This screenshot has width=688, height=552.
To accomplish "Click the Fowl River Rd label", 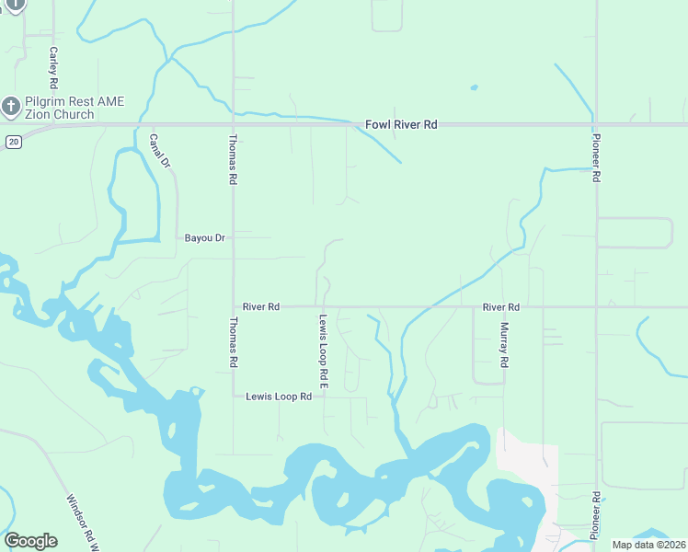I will click(x=400, y=124).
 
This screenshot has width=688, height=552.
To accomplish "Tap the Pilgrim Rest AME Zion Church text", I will click(x=63, y=108).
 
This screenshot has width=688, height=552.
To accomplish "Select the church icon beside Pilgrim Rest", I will click(x=11, y=107).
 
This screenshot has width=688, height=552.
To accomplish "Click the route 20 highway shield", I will click(x=12, y=142).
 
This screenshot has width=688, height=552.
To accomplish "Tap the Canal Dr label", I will click(x=160, y=151).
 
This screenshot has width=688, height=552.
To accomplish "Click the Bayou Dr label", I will click(x=204, y=238).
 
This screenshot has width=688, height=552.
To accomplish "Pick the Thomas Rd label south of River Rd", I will click(x=233, y=343).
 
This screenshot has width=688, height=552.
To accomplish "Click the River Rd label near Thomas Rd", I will click(x=261, y=306).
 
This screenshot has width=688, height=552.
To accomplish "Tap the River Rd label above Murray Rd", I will click(x=501, y=306).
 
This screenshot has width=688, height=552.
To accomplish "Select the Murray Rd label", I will click(x=504, y=345).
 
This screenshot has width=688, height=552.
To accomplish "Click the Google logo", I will click(x=30, y=541).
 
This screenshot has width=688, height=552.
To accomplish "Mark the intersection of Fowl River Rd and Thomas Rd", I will click(x=233, y=123).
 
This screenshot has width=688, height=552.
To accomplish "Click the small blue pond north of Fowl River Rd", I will click(x=474, y=88).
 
